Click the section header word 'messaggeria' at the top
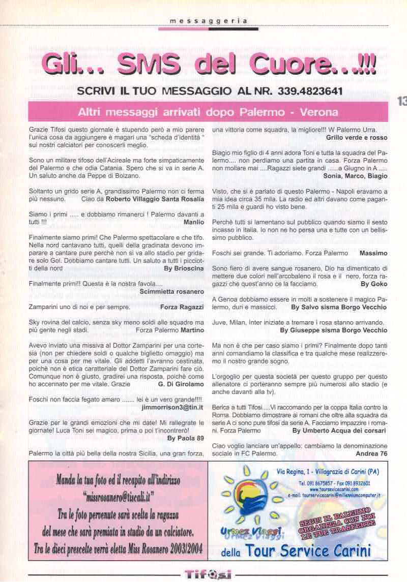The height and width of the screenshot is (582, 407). pyautogui.click(x=209, y=21)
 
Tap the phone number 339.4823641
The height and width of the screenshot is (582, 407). pyautogui.click(x=310, y=92)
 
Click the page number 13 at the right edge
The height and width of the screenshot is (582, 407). pyautogui.click(x=401, y=101)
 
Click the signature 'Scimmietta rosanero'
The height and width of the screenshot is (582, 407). pyautogui.click(x=171, y=292)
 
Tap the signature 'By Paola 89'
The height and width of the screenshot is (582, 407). pyautogui.click(x=185, y=438)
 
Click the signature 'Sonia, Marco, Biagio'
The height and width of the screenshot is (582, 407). pyautogui.click(x=355, y=176)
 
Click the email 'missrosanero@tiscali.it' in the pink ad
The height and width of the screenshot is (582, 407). pyautogui.click(x=118, y=495)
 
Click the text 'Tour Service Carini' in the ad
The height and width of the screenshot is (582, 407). pyautogui.click(x=308, y=550)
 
